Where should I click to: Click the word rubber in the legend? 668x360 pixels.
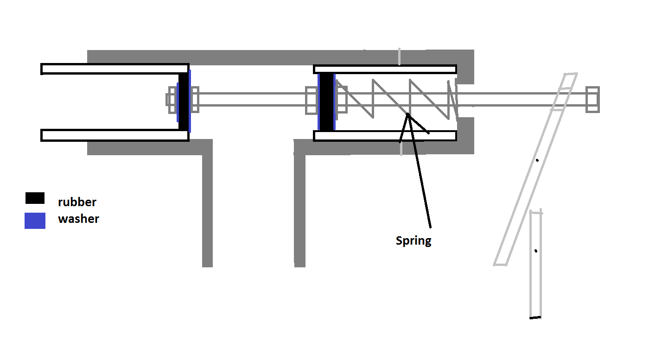click(x=77, y=202)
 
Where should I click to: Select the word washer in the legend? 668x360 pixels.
click(x=78, y=219)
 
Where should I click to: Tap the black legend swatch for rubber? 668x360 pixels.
click(x=35, y=198)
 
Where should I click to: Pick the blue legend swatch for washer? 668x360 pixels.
click(x=35, y=221)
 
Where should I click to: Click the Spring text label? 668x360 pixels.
click(x=414, y=241)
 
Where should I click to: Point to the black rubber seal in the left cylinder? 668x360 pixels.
click(x=184, y=101)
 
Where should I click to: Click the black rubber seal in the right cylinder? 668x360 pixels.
click(x=327, y=101)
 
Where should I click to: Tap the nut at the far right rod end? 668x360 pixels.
click(x=592, y=99)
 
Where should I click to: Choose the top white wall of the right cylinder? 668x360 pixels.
click(x=385, y=69)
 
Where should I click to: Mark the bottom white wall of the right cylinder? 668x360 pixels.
click(x=385, y=136)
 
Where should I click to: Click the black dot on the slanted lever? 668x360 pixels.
click(x=537, y=160)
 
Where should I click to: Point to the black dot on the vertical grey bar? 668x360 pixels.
click(x=536, y=251)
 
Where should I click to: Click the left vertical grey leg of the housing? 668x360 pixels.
click(x=207, y=208)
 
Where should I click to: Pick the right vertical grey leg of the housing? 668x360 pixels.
click(x=300, y=208)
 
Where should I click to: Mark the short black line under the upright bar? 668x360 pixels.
click(x=535, y=317)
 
